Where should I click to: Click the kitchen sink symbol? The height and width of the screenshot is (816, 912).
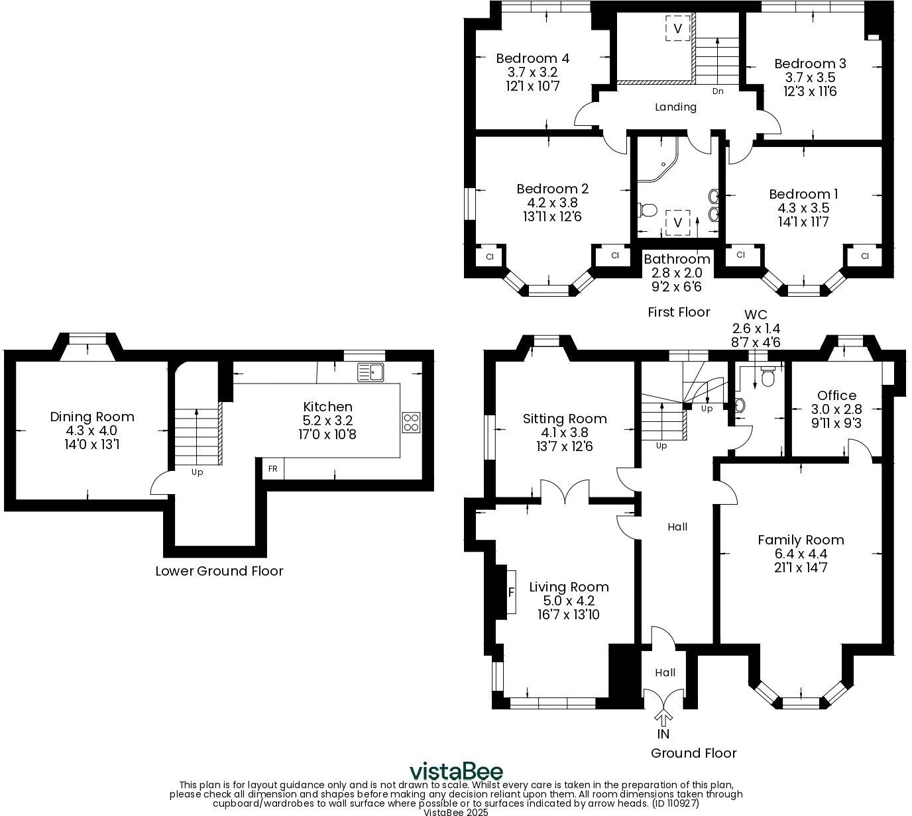[x=370, y=372]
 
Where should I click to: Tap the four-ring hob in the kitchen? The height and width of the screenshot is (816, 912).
[x=411, y=423]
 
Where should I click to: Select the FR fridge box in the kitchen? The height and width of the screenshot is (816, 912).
[x=272, y=468]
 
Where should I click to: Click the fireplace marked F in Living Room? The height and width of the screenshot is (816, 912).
[x=510, y=591]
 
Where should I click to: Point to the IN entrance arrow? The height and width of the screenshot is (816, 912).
[x=663, y=719]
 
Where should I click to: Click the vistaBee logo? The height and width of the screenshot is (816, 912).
[x=456, y=772]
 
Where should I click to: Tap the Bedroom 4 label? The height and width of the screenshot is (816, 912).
[x=532, y=58]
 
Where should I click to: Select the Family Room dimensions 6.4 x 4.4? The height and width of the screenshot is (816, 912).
[x=801, y=554]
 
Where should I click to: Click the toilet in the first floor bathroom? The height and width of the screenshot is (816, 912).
[x=647, y=211]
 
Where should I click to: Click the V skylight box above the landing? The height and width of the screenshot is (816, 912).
[x=677, y=28]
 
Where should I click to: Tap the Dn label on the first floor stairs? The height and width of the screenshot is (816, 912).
[x=718, y=91]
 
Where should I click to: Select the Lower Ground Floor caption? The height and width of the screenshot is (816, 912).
[x=219, y=571]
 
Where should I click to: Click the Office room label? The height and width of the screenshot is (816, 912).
[x=836, y=395]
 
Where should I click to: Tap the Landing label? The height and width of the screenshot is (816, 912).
[x=675, y=107]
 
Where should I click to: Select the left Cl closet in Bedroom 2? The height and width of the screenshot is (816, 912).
[x=490, y=256]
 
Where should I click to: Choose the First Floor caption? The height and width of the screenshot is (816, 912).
[x=678, y=312]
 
